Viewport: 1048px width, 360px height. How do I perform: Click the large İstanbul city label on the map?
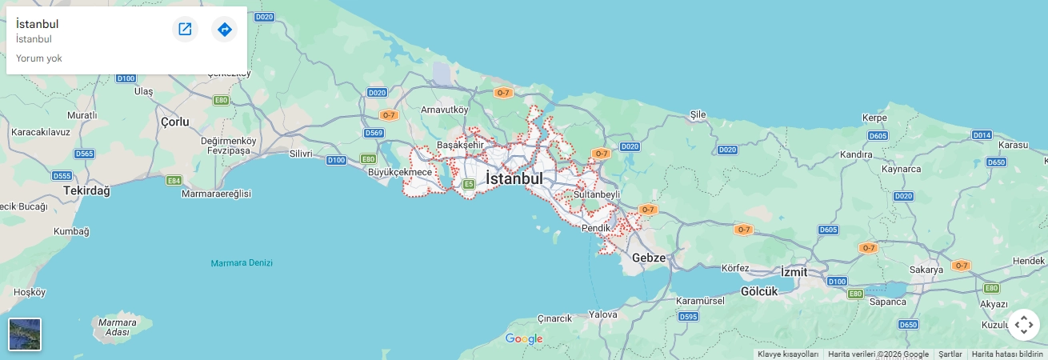click(x=514, y=178)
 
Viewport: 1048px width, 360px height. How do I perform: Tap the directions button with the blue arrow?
click(x=225, y=30)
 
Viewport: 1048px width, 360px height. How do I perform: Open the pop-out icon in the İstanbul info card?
click(x=185, y=30)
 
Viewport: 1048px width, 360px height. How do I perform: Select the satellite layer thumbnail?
click(x=25, y=334)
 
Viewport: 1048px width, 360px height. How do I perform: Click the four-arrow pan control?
click(x=1023, y=325)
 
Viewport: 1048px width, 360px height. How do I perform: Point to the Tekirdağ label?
click(x=86, y=191)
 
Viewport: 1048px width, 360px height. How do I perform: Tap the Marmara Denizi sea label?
click(x=242, y=263)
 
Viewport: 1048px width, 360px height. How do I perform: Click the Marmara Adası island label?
click(x=112, y=327)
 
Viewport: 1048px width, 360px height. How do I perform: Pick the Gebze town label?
click(x=649, y=258)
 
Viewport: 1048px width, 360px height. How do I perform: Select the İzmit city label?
click(x=794, y=272)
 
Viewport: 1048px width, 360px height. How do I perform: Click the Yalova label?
click(x=602, y=314)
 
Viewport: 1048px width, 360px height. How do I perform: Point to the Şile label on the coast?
click(x=698, y=114)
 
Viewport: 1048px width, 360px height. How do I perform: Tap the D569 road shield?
click(x=374, y=133)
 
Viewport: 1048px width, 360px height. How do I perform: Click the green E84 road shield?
click(x=174, y=181)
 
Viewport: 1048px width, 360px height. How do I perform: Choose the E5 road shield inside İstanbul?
click(x=468, y=184)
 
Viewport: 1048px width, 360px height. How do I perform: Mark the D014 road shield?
click(x=982, y=135)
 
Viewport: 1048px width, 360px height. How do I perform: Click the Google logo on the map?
click(x=524, y=339)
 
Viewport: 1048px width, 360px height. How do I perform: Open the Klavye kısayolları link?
click(x=788, y=354)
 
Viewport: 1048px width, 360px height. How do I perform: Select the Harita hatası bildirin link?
click(x=1007, y=354)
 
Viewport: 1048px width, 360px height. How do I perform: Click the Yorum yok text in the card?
click(x=39, y=58)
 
